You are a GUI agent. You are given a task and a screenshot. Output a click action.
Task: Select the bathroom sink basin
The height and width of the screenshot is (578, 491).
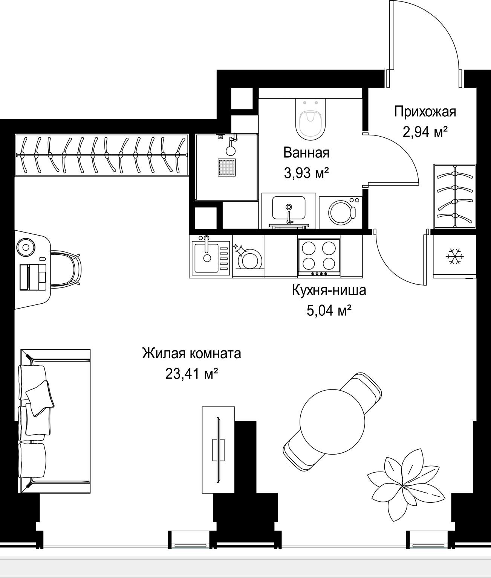coord(289,208)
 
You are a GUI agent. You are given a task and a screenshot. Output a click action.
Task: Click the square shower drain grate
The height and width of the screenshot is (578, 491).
coord(226,167)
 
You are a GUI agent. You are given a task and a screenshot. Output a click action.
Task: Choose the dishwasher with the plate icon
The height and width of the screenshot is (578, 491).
coord(248,256)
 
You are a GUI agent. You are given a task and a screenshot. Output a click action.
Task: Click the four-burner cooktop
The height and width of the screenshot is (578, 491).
coord(319,256)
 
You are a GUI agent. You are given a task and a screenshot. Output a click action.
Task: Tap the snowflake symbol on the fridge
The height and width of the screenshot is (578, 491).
coord(454,256)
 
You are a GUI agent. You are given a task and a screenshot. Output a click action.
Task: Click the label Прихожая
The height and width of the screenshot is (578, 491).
coord(425,112)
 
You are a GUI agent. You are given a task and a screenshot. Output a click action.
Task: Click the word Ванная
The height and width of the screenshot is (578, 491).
coord(306,153)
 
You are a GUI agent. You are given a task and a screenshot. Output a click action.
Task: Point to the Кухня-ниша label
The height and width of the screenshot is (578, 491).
coord(329,290)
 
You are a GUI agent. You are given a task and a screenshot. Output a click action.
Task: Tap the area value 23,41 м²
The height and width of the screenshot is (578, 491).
coord(191,374)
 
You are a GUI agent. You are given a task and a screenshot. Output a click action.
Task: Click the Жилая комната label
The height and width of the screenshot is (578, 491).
coord(191,353)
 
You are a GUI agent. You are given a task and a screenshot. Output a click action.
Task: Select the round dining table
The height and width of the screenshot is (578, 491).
coord(332,422)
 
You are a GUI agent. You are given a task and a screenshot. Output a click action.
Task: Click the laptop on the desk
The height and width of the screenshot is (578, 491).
coord(33,277)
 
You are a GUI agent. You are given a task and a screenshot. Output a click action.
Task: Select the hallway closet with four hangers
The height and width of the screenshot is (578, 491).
coord(454,196)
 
